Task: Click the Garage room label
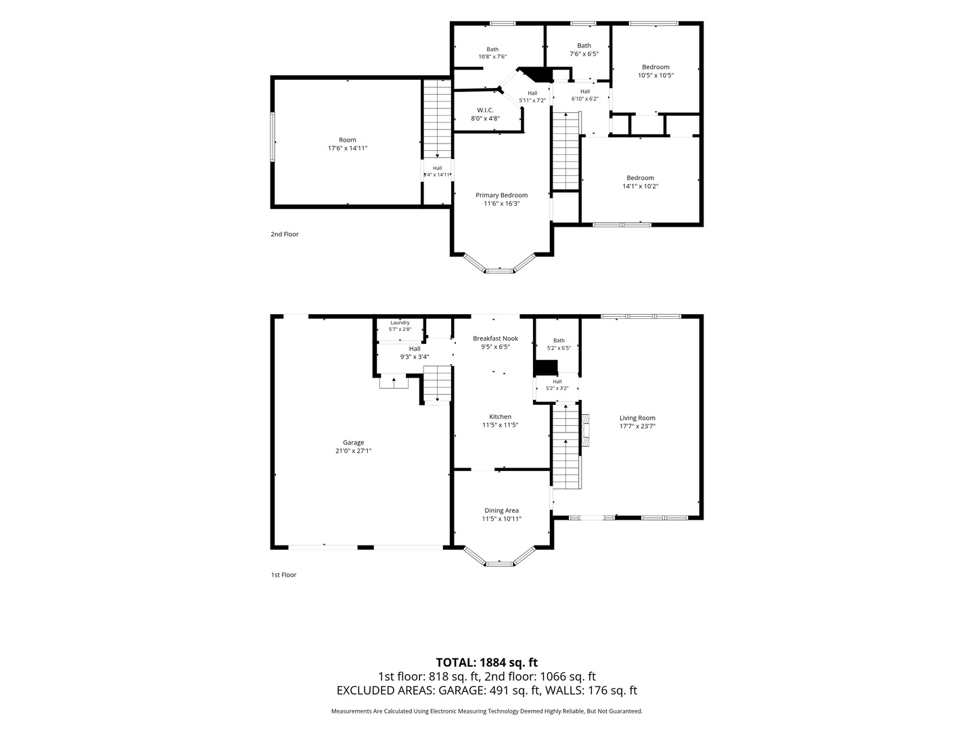tap(353, 443)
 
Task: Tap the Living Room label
tap(637, 418)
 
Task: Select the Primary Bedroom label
tap(501, 196)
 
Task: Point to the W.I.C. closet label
tap(485, 110)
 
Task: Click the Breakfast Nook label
tap(495, 338)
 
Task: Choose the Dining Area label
tap(501, 511)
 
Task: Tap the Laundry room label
tap(400, 323)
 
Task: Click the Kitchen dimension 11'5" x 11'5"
tap(500, 425)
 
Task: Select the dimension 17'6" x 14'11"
tap(348, 148)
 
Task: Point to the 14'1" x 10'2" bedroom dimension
tap(640, 186)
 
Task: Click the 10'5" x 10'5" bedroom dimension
tap(655, 75)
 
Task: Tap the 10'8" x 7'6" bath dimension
tap(492, 57)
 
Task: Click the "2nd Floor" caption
tap(285, 234)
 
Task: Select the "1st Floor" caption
tap(283, 575)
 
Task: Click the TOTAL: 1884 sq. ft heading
tap(487, 663)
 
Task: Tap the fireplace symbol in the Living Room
tap(586, 430)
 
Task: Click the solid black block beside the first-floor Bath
tap(545, 368)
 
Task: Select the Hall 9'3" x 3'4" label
tap(415, 353)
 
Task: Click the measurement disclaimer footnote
tap(487, 711)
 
